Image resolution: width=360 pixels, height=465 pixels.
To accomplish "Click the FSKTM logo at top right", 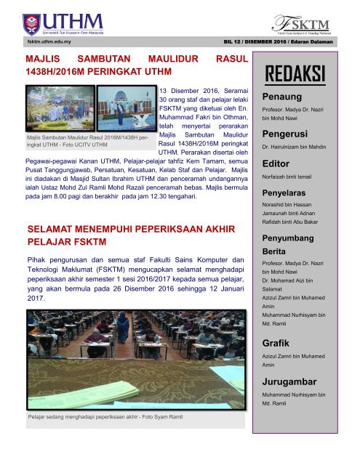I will (x=309, y=21).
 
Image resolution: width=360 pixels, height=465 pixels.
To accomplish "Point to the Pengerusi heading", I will (x=284, y=134).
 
